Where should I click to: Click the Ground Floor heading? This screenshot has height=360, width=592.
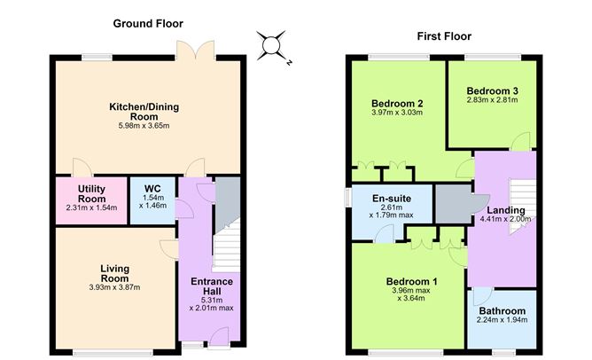(148, 24)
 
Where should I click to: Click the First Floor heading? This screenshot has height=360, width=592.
(444, 36)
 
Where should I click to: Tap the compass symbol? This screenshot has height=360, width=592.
(271, 46)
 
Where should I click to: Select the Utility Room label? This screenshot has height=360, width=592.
(92, 194)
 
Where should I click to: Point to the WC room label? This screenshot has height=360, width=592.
(152, 189)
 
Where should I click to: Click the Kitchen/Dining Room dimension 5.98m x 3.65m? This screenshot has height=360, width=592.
(144, 126)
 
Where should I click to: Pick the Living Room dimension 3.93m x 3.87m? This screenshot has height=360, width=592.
(115, 287)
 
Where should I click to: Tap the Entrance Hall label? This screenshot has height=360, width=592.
(212, 286)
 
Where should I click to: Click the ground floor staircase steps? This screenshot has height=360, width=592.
(226, 246)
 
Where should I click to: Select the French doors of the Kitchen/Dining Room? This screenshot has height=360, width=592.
(196, 51)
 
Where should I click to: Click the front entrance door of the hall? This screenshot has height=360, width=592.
(219, 337)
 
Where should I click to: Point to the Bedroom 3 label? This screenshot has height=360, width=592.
(493, 91)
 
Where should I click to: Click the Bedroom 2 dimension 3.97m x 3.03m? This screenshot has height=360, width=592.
(397, 113)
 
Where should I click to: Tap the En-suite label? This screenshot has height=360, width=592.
(392, 199)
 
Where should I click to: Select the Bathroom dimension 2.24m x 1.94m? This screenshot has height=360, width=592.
(502, 320)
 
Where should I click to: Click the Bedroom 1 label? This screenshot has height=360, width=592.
(411, 282)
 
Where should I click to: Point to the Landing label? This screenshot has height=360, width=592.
(506, 210)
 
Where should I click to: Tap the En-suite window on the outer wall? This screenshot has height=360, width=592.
(347, 198)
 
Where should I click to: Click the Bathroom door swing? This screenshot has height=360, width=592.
(482, 297)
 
